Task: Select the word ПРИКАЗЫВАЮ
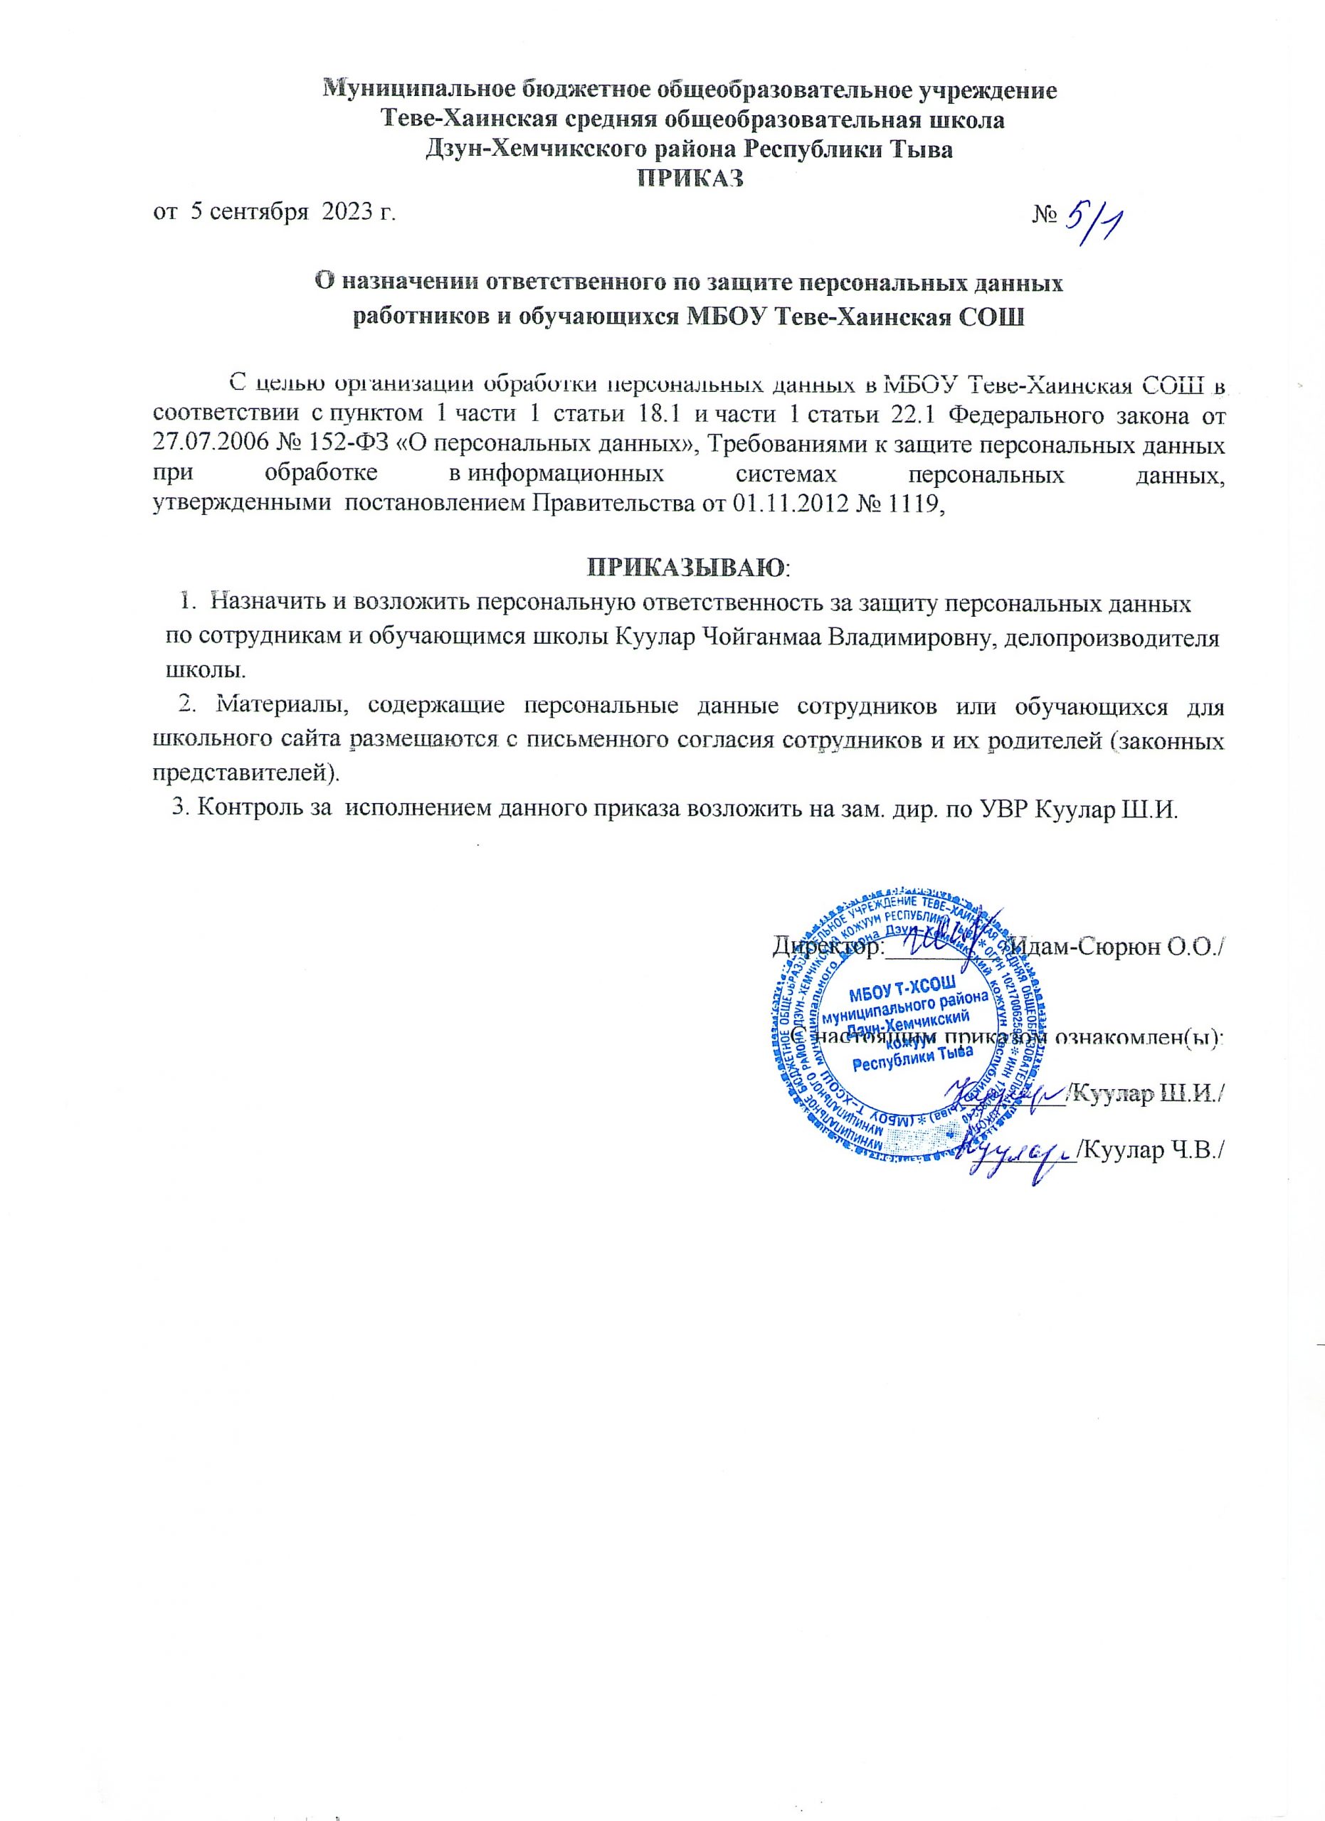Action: tap(687, 567)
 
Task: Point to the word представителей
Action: tap(241, 773)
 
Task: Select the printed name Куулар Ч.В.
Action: tap(1149, 1150)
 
